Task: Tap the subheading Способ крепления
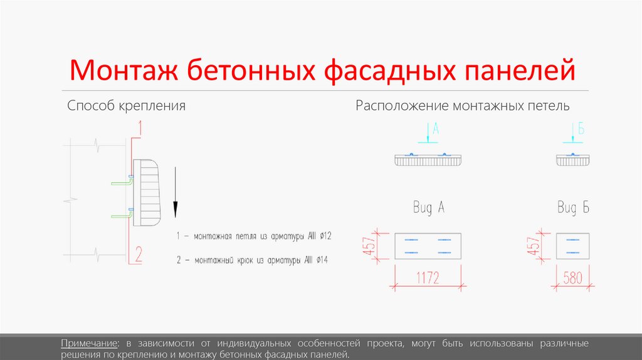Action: [126, 105]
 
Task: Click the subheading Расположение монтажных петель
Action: [463, 105]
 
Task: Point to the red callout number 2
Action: [139, 254]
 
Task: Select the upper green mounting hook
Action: [120, 183]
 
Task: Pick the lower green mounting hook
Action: [120, 215]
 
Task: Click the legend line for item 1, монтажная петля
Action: [254, 236]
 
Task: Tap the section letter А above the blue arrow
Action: [436, 130]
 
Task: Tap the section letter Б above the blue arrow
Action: [581, 130]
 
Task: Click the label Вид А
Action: [429, 208]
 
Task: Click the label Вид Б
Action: [573, 208]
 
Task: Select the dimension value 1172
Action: [427, 277]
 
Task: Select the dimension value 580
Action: [572, 277]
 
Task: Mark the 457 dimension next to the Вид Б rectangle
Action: [535, 246]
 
